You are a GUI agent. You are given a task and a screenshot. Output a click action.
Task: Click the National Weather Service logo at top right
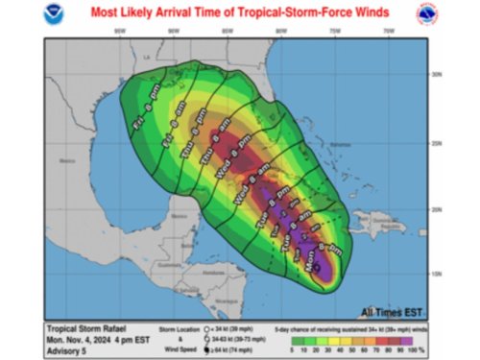tap(424, 15)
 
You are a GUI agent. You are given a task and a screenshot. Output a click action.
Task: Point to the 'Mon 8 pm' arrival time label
tap(329, 256)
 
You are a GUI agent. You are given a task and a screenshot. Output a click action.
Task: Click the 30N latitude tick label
tap(434, 74)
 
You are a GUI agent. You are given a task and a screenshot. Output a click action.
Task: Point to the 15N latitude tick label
tap(434, 274)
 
